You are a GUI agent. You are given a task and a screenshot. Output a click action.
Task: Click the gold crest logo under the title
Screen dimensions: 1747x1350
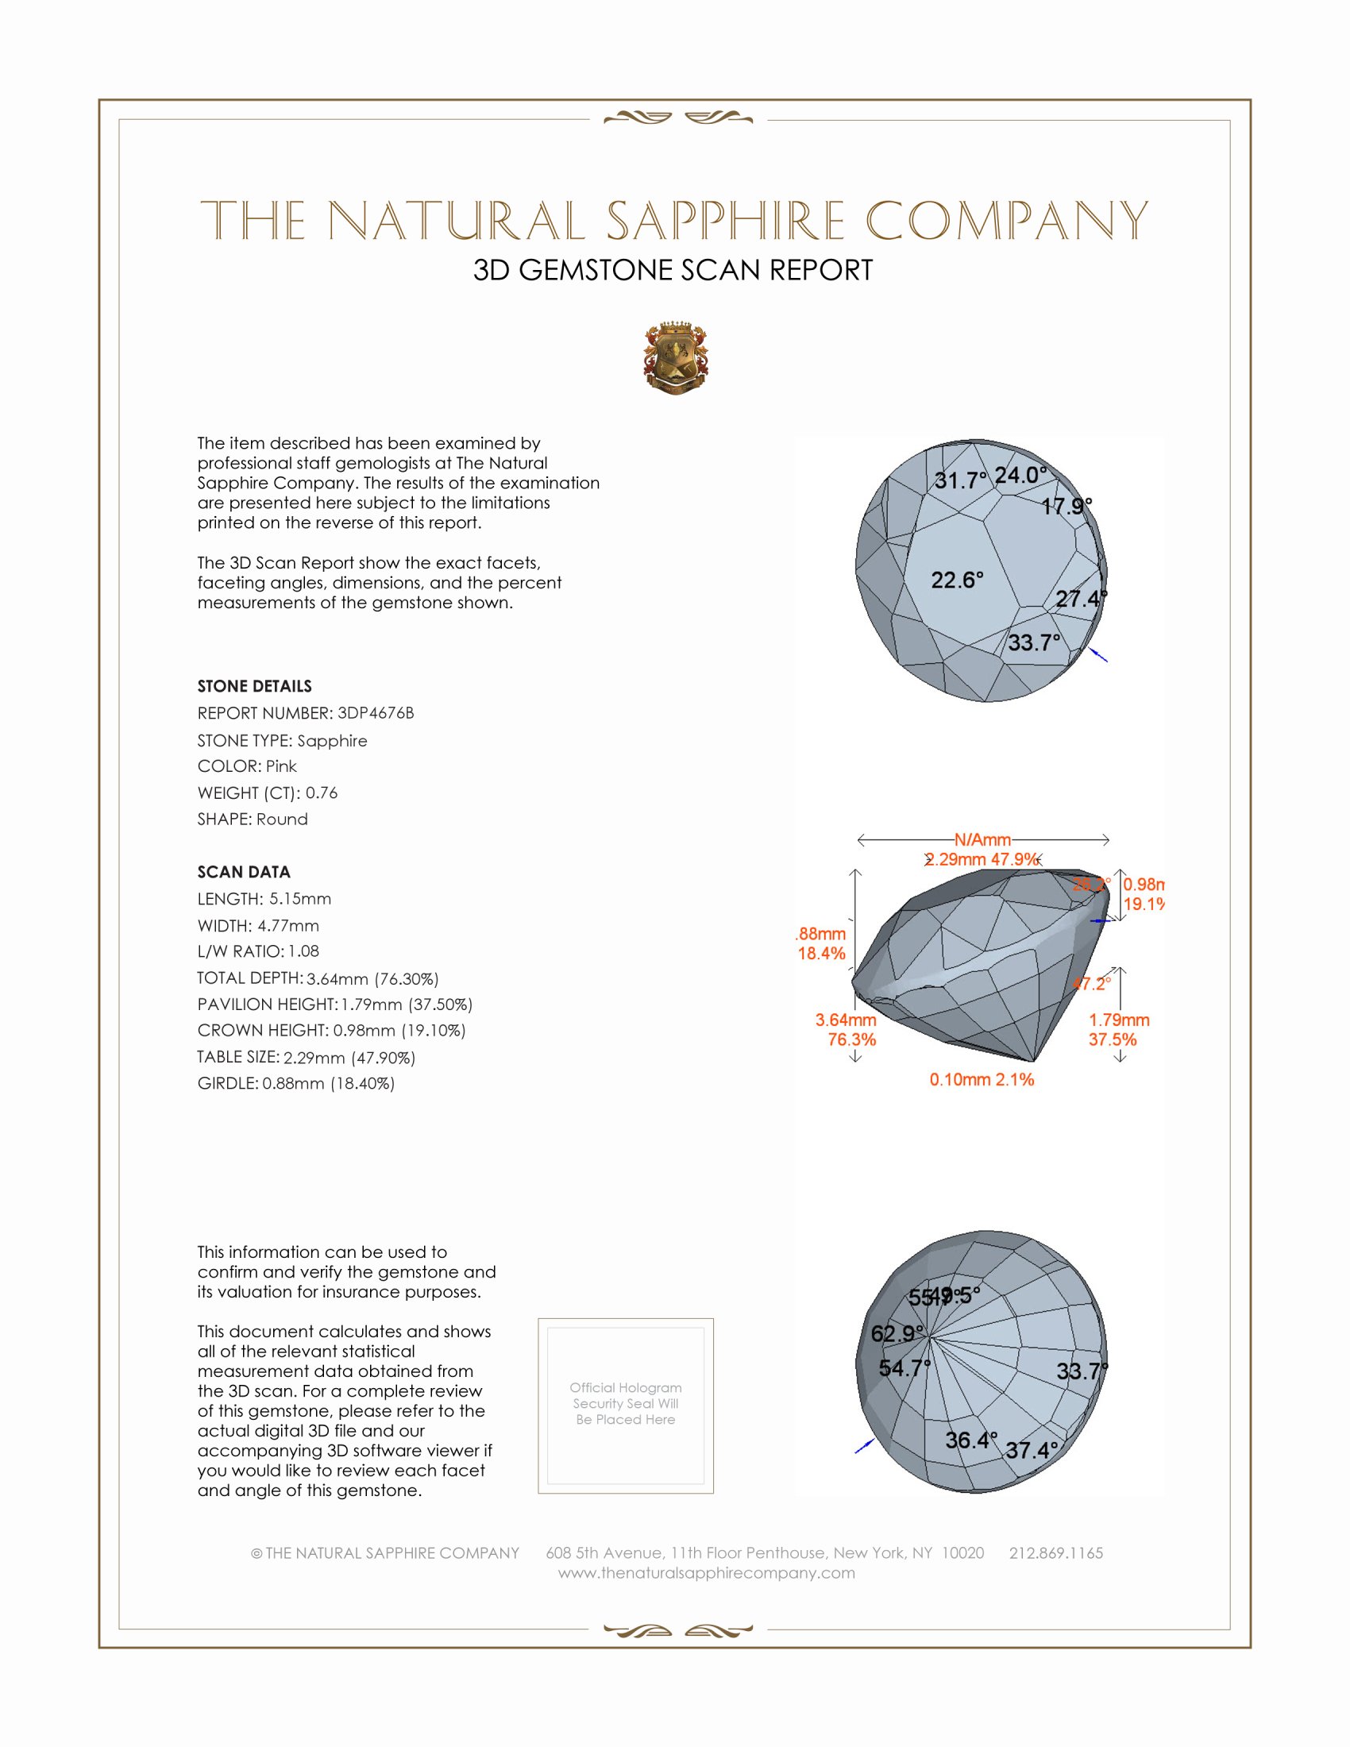click(675, 358)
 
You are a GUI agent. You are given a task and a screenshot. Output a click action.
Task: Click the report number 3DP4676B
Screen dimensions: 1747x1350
click(375, 713)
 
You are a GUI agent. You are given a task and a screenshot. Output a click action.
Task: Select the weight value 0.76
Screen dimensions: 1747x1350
click(322, 793)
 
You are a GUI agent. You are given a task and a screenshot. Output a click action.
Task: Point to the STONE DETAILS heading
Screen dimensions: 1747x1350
click(254, 686)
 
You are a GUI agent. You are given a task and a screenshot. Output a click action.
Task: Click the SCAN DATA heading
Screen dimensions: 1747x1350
click(244, 872)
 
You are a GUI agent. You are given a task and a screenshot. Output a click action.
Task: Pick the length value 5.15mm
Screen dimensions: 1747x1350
click(300, 899)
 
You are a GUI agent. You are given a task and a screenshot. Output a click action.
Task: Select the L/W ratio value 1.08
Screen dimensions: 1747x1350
click(304, 951)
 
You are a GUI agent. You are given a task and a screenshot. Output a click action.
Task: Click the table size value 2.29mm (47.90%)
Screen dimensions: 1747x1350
click(349, 1058)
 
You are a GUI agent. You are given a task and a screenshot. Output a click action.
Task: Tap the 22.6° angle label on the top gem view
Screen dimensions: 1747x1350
click(957, 580)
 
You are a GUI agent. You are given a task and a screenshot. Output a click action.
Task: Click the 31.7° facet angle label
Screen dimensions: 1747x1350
click(961, 480)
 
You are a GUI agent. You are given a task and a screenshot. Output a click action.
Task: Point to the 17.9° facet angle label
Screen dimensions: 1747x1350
click(1066, 507)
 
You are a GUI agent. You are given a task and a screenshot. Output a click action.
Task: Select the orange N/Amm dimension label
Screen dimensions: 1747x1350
click(982, 840)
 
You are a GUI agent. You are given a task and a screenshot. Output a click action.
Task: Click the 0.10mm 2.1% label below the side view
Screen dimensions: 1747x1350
click(982, 1080)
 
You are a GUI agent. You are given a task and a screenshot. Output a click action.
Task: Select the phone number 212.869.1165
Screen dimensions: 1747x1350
click(1055, 1552)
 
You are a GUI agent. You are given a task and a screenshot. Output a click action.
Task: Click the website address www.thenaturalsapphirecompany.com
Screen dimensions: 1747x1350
click(706, 1572)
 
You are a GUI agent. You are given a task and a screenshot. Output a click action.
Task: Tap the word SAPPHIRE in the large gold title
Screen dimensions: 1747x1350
click(725, 221)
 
